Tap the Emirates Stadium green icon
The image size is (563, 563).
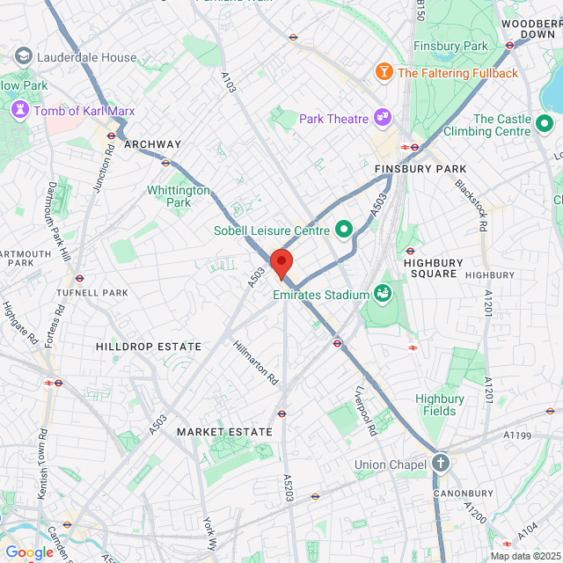[x=383, y=292]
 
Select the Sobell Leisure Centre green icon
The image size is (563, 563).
[x=344, y=230]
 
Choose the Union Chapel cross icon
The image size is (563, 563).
[x=440, y=463]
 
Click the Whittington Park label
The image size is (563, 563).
[x=179, y=196]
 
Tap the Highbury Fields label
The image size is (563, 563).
[x=435, y=405]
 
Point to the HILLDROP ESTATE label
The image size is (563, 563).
[x=149, y=347]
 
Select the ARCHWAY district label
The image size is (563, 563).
[x=153, y=144]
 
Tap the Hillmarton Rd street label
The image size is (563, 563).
[x=255, y=363]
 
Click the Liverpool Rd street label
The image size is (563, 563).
[x=366, y=411]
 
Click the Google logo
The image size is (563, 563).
[x=29, y=552]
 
